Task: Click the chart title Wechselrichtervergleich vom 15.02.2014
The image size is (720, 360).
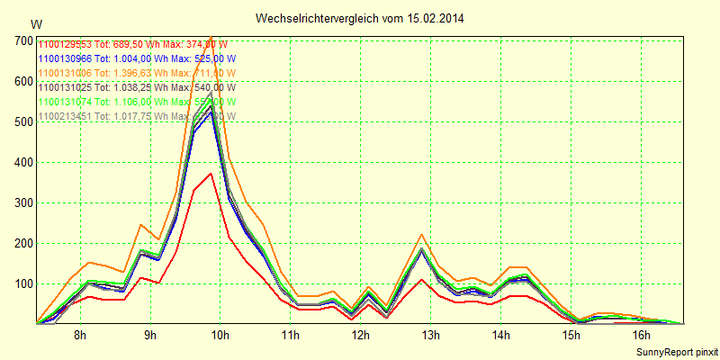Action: pyautogui.click(x=360, y=18)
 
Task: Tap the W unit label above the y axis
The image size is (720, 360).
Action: pyautogui.click(x=35, y=24)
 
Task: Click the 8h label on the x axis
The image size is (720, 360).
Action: pyautogui.click(x=80, y=336)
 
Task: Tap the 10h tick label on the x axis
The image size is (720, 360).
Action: pyautogui.click(x=220, y=336)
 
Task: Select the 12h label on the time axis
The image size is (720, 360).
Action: pyautogui.click(x=360, y=336)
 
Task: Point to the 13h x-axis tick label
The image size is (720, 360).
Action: pyautogui.click(x=430, y=336)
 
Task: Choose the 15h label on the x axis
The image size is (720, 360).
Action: pyautogui.click(x=571, y=336)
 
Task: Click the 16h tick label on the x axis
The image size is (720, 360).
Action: pyautogui.click(x=641, y=336)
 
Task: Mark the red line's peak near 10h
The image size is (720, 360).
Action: pyautogui.click(x=211, y=173)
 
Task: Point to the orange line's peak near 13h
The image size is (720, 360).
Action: pyautogui.click(x=422, y=234)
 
